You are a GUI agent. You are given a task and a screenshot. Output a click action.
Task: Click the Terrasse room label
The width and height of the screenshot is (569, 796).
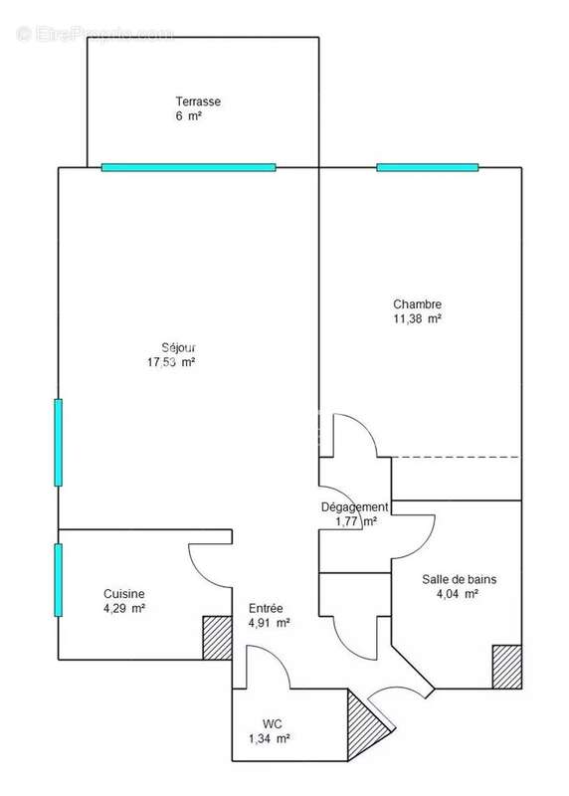198,101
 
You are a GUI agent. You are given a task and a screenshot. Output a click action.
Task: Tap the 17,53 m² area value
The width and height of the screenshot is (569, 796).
170,363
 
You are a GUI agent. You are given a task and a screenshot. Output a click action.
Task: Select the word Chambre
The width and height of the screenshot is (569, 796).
417,304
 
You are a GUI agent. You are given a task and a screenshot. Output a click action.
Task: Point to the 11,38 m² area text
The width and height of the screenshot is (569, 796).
417,319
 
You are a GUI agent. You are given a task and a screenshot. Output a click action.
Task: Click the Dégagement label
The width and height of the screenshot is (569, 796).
354,506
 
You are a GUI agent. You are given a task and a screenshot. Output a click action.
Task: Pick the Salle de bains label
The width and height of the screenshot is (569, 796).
459,579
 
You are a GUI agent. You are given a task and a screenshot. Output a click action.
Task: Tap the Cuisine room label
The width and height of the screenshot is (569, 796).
101,592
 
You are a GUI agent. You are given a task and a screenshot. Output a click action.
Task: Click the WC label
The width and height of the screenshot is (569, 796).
274,723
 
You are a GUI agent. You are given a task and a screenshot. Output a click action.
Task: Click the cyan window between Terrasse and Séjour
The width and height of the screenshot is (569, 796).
188,167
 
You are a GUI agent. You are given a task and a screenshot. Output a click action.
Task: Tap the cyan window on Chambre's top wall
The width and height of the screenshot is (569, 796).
427,167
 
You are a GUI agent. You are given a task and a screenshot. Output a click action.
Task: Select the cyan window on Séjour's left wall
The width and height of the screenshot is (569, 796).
58,442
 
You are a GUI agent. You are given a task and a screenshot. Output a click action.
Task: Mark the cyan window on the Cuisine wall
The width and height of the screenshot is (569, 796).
58,580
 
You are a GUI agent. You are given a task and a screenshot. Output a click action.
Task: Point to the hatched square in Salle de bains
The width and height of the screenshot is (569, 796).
507,666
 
